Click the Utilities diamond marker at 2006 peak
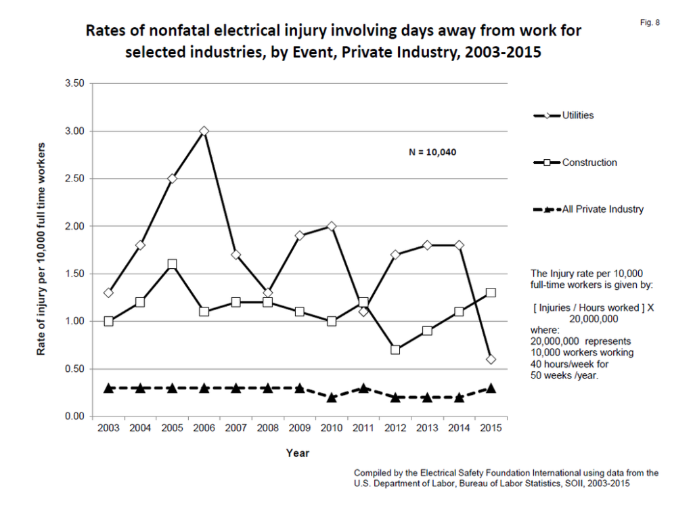coord(204,131)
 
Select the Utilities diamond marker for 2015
coord(491,359)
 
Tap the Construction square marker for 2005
coord(172,264)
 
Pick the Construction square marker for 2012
coord(395,349)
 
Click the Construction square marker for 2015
coord(491,293)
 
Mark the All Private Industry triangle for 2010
coord(332,397)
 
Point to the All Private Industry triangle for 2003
coord(108,387)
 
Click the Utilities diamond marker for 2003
coord(108,293)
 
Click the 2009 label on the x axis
coord(299,429)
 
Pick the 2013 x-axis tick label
coord(426,429)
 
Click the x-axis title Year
coord(298,452)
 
